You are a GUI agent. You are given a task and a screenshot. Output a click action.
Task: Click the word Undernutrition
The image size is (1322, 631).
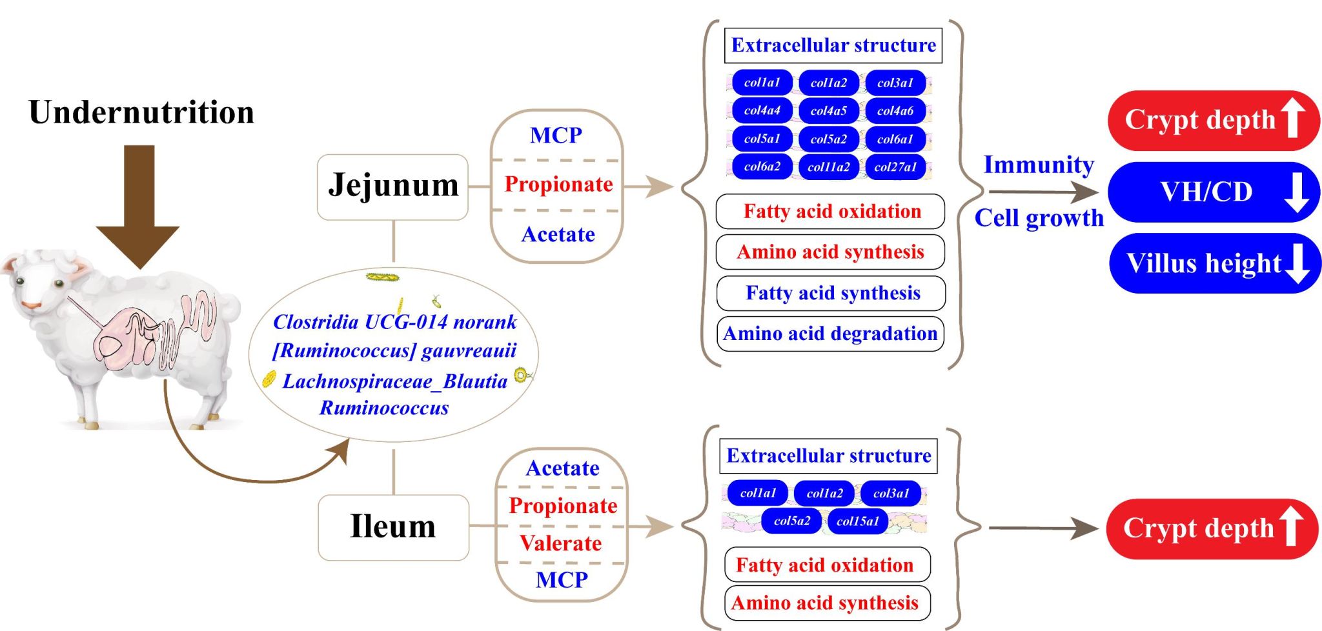141,112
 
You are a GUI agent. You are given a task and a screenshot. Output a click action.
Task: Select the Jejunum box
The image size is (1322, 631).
392,186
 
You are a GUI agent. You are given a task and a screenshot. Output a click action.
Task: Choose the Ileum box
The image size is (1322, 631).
393,527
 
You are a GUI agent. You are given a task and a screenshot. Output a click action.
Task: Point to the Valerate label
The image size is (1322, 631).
561,543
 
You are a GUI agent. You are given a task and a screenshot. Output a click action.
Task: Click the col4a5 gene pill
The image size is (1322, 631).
828,111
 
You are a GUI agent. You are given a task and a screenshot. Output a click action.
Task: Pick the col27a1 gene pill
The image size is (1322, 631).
895,167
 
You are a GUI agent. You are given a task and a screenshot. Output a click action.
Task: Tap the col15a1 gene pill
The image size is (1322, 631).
857,521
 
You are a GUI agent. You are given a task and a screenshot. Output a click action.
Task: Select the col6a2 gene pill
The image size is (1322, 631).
762,167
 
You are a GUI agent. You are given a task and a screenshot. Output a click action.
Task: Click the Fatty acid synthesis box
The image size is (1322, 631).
831,294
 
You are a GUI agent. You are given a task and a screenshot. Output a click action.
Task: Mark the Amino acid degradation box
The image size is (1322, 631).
830,334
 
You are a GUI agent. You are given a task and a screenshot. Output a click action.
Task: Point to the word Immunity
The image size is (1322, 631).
1039,165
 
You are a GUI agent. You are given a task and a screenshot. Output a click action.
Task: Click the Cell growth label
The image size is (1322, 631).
1039,218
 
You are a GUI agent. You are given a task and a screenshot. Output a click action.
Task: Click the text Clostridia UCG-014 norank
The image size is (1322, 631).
394,322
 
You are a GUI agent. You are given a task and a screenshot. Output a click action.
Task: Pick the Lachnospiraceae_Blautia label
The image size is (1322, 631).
395,381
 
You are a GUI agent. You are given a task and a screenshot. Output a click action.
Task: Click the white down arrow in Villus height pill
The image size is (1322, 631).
1297,263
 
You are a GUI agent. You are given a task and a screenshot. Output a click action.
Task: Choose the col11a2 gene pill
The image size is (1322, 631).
828,167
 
